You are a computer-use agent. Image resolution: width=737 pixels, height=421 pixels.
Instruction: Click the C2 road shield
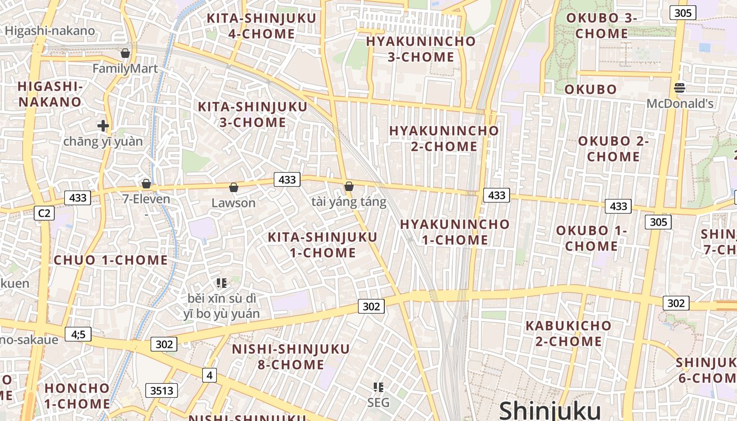point(44,213)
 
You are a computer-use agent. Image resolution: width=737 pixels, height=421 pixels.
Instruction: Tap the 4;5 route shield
point(78,334)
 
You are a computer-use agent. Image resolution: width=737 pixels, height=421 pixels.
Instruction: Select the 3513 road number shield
point(162,390)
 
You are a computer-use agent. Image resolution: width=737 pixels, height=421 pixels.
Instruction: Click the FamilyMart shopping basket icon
point(125,53)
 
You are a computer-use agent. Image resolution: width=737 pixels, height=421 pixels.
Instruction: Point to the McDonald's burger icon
point(680,88)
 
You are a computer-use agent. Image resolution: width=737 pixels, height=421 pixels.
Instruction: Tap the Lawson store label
point(233,203)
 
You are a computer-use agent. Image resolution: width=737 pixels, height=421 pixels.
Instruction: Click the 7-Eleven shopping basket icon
point(146,184)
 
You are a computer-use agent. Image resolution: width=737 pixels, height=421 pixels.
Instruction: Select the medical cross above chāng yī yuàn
point(103,126)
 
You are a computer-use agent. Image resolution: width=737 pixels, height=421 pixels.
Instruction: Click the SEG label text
point(379,403)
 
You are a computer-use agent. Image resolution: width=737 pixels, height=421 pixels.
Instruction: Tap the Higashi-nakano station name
point(50,31)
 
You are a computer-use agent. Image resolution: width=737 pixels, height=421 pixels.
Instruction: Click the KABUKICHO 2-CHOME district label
point(569,333)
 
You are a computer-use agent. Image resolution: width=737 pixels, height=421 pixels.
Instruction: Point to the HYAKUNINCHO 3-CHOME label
point(421,49)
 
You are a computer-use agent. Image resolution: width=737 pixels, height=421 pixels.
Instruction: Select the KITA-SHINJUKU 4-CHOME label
point(262,26)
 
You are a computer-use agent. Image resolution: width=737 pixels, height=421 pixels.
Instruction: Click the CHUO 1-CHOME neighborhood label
point(111,260)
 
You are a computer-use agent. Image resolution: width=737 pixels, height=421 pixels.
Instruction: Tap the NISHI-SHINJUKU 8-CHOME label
point(291,357)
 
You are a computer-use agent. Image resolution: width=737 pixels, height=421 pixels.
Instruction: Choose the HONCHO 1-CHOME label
point(77,396)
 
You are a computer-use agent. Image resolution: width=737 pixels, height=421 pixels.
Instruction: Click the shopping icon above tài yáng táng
point(348,186)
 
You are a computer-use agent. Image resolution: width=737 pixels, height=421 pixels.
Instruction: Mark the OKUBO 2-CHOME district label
point(613,149)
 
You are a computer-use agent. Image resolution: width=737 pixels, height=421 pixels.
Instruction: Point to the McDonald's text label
point(680,104)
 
